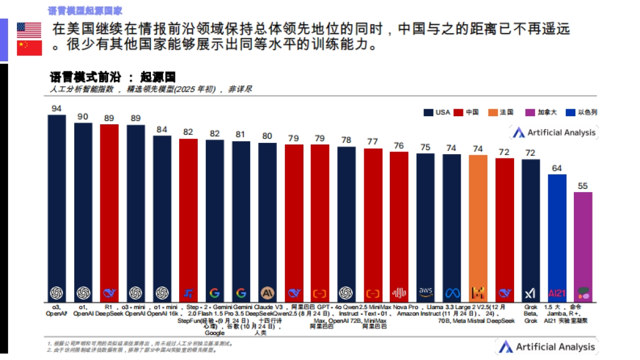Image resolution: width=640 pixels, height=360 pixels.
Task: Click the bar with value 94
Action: [57, 208]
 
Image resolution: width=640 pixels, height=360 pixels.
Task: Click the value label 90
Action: [83, 117]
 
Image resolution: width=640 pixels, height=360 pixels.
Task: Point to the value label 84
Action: [162, 129]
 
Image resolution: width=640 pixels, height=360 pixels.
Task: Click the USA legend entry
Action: [437, 113]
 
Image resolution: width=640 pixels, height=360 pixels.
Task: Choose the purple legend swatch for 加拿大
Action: [529, 113]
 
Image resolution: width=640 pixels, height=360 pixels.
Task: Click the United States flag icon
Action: [29, 29]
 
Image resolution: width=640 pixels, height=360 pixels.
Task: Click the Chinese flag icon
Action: [29, 48]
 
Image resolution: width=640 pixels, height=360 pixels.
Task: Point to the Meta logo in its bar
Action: [452, 293]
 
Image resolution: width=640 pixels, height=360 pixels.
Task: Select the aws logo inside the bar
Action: [426, 292]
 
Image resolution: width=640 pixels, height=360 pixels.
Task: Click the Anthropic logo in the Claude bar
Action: [267, 293]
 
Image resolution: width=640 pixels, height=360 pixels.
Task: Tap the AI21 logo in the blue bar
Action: [557, 293]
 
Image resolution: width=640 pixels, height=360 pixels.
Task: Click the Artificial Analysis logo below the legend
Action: [553, 133]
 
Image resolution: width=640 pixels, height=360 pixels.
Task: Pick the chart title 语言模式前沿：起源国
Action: [112, 77]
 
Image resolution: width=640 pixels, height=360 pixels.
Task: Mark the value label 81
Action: [241, 135]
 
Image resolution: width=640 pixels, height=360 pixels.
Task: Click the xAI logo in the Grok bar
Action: [530, 293]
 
